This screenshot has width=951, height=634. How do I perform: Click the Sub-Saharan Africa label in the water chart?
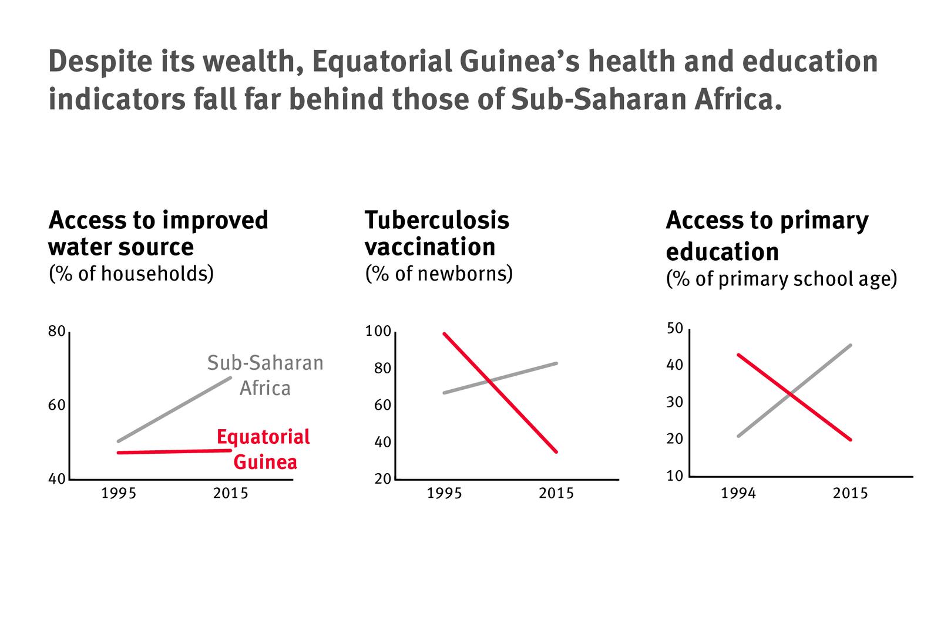(265, 375)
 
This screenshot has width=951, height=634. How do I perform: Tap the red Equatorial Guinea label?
(264, 449)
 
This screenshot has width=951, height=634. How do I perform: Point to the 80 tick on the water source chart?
(56, 332)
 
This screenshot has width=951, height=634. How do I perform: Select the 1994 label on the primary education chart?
(738, 494)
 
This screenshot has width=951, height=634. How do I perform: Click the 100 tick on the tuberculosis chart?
(378, 332)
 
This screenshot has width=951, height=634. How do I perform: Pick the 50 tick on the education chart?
(676, 328)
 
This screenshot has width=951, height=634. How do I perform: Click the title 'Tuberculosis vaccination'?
(436, 233)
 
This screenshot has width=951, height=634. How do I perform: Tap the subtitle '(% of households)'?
(131, 274)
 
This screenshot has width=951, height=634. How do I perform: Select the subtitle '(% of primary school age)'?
(781, 279)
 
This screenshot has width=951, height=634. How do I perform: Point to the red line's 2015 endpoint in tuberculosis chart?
(556, 451)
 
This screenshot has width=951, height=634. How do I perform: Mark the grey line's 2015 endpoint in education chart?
(850, 345)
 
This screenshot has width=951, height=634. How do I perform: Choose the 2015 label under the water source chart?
(230, 494)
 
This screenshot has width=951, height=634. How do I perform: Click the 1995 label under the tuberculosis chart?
(444, 494)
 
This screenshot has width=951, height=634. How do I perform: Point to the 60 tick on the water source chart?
(56, 406)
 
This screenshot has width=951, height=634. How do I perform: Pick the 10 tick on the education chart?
(676, 476)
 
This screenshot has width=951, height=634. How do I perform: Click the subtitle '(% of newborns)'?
(439, 274)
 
